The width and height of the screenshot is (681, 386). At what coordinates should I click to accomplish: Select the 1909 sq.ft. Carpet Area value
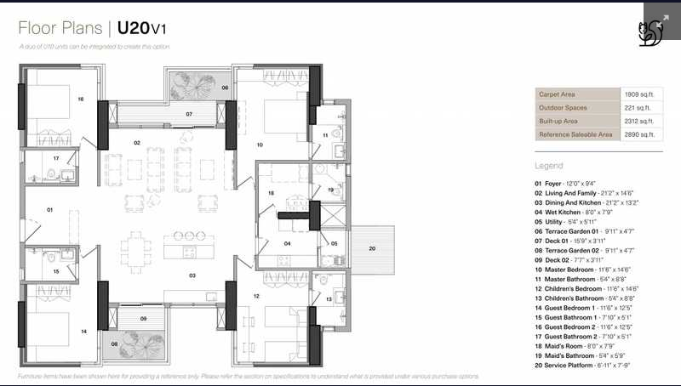point(638,94)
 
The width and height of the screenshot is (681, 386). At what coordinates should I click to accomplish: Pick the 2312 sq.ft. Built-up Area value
point(638,121)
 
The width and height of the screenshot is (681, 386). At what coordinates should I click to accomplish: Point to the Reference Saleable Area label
point(575,134)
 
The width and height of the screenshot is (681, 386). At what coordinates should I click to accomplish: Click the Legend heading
point(549,166)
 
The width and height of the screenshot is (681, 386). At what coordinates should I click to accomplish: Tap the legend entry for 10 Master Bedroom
point(588,270)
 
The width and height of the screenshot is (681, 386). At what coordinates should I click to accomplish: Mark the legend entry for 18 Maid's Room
point(580,346)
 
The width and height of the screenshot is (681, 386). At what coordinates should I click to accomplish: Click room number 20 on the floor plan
point(371,248)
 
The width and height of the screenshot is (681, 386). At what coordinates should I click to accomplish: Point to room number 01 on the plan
point(49,209)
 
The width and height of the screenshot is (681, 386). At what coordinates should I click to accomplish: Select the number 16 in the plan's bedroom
point(81,99)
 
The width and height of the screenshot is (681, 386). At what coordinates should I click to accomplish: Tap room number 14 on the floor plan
point(83,331)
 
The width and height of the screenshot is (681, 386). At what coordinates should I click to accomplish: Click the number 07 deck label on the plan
point(189,113)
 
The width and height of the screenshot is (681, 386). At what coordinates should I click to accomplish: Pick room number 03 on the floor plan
point(192,275)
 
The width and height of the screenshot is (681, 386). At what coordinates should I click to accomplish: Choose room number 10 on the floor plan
point(260,145)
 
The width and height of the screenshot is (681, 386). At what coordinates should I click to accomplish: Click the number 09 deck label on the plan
point(143,319)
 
